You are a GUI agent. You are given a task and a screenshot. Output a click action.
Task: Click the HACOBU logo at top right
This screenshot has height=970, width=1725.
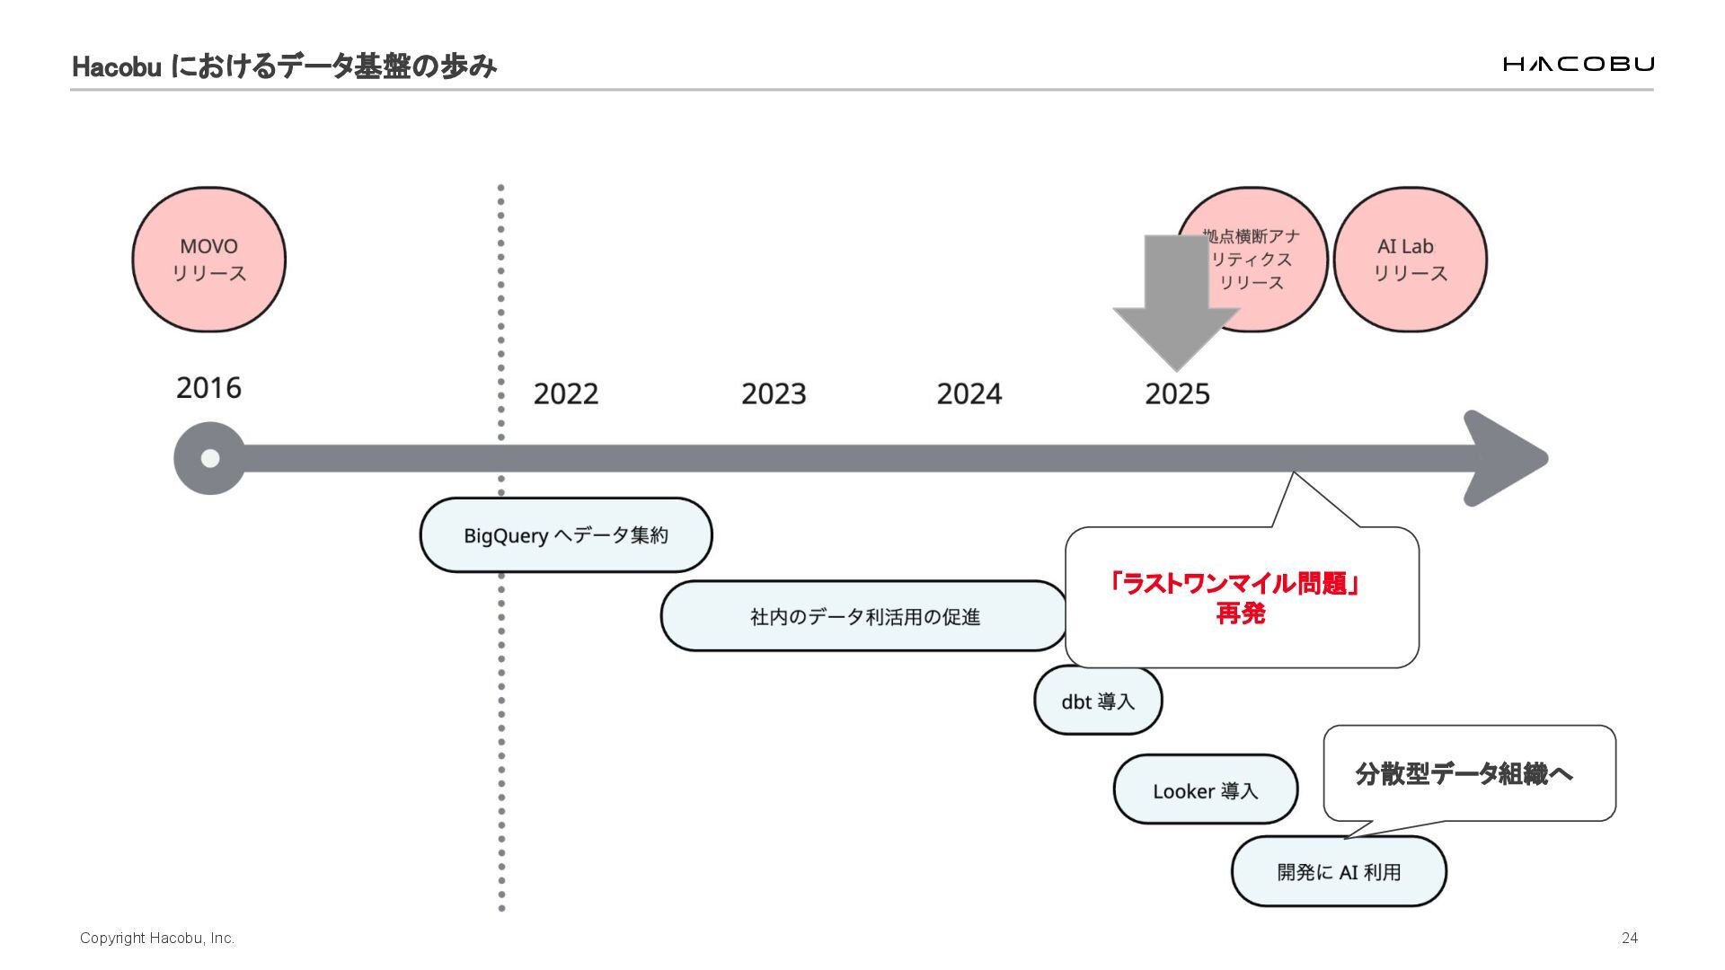1578,64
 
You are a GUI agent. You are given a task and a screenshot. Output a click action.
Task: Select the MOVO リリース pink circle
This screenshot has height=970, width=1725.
208,260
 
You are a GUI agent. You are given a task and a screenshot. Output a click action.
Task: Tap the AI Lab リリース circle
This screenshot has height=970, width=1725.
1410,260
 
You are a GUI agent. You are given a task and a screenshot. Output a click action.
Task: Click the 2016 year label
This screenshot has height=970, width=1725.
208,388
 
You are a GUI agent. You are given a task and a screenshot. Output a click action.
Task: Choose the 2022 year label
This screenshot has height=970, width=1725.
565,393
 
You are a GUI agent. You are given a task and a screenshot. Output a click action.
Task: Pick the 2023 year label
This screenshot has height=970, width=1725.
774,393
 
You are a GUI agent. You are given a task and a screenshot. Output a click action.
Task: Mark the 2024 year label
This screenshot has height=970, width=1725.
969,393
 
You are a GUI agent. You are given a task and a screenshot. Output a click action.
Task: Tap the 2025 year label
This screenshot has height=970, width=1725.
1177,393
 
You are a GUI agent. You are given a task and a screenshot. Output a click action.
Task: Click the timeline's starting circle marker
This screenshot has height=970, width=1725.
209,458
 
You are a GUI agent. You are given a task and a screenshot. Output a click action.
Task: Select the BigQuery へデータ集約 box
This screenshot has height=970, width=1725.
566,535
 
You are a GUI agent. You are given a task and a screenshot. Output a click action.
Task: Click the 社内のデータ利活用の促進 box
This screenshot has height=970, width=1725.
864,616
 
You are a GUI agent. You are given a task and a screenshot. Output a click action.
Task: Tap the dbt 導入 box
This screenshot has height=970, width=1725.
1098,701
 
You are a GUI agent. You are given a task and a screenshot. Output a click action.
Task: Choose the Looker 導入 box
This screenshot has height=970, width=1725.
1205,790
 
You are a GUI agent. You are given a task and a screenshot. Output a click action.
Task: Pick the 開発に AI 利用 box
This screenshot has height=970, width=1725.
1339,871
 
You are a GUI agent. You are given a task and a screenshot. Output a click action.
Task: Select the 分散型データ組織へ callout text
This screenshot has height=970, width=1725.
1464,773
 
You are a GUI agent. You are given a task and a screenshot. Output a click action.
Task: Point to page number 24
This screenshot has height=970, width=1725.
1629,938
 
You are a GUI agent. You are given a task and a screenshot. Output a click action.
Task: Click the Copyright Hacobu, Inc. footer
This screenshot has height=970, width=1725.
157,938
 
